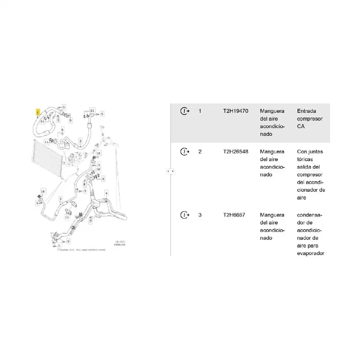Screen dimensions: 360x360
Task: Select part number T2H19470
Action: coord(235,111)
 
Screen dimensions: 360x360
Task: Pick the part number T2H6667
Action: coord(234,215)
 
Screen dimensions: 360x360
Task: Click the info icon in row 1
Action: coord(184,111)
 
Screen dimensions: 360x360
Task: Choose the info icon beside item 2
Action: coord(184,152)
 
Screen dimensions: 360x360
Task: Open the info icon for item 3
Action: coord(184,215)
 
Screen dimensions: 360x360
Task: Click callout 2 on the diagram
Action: coord(80,141)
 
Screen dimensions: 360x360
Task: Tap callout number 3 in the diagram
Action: coord(60,198)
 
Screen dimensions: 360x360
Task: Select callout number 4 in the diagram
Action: coord(106,193)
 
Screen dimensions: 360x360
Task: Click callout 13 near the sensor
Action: coord(67,217)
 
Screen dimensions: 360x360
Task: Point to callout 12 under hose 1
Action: coord(42,121)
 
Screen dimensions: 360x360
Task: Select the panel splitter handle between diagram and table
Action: coord(171,171)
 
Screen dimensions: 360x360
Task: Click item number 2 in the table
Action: coord(200,152)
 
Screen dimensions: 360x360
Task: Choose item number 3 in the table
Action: coord(200,215)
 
